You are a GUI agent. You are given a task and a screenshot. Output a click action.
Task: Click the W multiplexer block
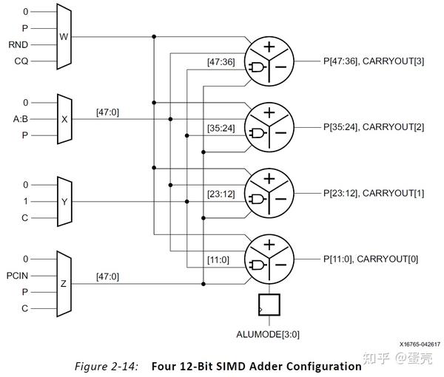pos(62,35)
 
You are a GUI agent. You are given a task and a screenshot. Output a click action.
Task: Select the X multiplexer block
pos(64,118)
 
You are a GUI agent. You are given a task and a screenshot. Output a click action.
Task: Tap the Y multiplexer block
pos(64,201)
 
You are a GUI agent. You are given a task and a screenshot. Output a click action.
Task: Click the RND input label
pos(18,44)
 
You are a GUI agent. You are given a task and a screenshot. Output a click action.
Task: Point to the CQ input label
pos(20,60)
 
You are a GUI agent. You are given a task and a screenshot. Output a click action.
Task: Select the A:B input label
pos(20,118)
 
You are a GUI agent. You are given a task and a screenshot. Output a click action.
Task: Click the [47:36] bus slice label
pos(221,62)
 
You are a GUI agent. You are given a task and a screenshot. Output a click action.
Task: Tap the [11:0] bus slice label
pos(218,259)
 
